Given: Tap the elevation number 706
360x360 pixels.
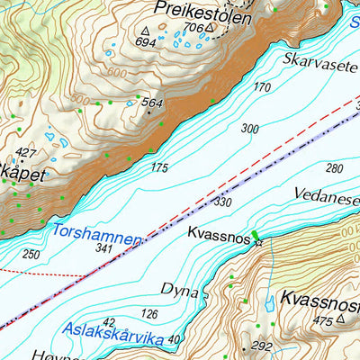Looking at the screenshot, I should [x=193, y=28].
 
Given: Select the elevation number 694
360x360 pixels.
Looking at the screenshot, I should [x=144, y=42].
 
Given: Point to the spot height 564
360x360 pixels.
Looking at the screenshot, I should [x=151, y=103].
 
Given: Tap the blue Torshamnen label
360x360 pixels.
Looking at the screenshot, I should [x=97, y=235].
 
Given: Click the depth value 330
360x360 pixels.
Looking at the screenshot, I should [x=222, y=203].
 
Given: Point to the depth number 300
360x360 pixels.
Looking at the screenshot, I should [x=249, y=129].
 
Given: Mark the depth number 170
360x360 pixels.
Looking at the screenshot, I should [x=262, y=87].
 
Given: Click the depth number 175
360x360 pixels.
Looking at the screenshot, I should [x=159, y=168].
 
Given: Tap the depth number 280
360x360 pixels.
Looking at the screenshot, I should [x=334, y=168].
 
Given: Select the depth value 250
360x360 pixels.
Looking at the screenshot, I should [x=31, y=255].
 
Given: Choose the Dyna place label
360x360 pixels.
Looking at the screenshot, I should [x=178, y=289].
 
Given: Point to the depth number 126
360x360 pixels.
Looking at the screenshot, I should [x=150, y=313].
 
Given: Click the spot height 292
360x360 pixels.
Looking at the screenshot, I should [x=262, y=346].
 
